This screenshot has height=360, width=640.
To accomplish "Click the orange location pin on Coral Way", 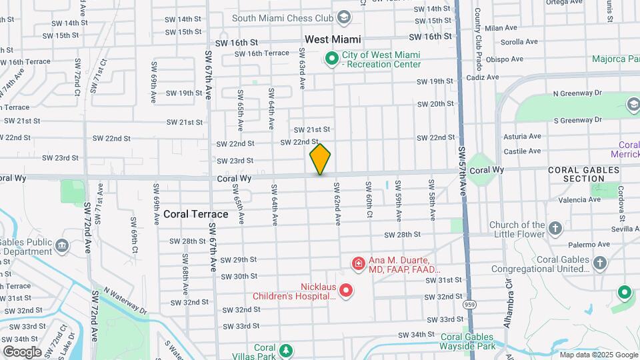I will [x=321, y=159].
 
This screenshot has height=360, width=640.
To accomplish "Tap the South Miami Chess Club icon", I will [x=344, y=17].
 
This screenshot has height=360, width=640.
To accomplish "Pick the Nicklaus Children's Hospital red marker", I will [x=345, y=290].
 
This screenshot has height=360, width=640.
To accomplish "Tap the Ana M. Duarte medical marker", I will [x=358, y=265].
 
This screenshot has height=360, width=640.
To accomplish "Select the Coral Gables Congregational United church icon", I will [x=600, y=263].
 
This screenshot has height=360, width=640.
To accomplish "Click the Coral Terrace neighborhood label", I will [x=195, y=214].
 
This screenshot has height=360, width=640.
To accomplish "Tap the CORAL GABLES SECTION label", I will [x=585, y=174].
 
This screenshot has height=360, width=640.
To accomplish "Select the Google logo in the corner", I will [x=23, y=351].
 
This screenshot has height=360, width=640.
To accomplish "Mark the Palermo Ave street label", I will [x=575, y=245].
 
